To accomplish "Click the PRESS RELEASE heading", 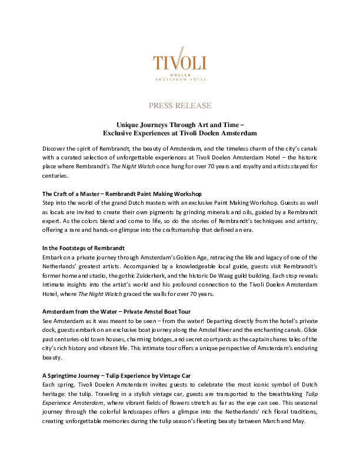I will (x=180, y=106).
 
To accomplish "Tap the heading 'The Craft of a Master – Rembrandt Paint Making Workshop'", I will (x=122, y=194).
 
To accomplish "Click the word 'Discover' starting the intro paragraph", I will (x=55, y=147).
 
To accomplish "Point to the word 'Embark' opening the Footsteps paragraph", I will (x=54, y=258).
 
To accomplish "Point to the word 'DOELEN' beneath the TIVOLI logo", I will (x=179, y=74).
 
